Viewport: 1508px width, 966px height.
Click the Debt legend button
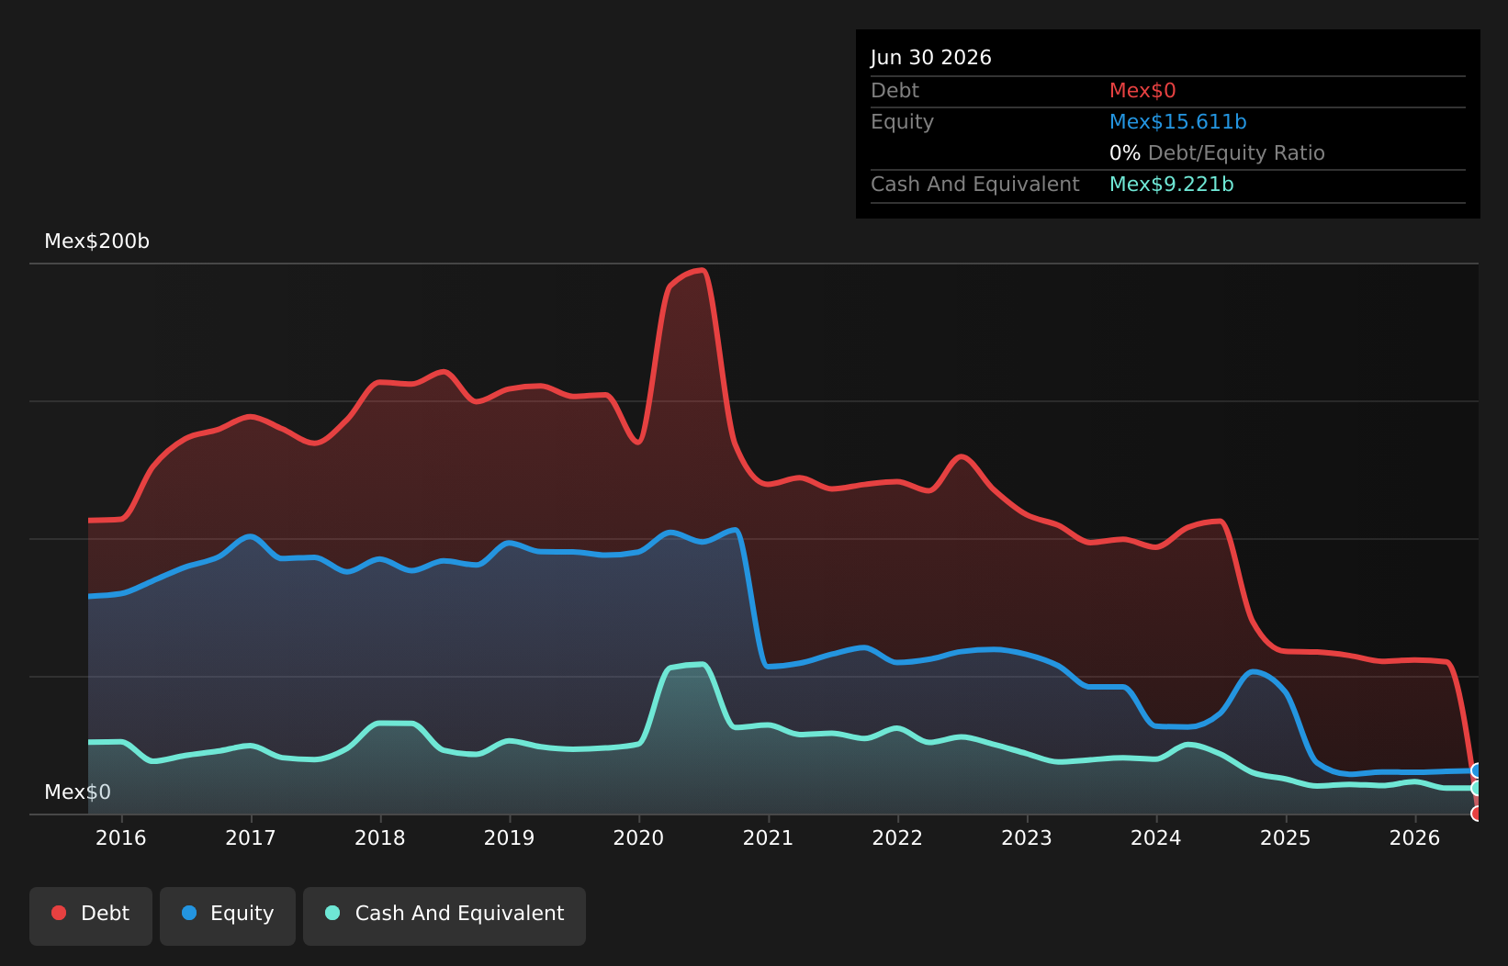(90, 915)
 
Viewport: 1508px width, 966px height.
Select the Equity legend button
(228, 915)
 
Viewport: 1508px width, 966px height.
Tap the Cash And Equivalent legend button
(445, 915)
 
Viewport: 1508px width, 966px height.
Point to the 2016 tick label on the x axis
(121, 838)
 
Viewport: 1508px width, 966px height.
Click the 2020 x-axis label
(638, 838)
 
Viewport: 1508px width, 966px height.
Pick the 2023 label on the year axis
(1027, 838)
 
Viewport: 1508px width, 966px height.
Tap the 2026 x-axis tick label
(1414, 838)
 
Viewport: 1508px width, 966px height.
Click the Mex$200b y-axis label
(97, 241)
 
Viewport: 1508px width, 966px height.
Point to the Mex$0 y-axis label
(77, 792)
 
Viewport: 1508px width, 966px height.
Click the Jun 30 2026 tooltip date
(931, 57)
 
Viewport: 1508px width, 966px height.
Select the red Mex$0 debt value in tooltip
(1142, 90)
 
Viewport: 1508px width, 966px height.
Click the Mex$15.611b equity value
(1178, 122)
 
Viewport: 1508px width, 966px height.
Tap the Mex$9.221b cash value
(1171, 184)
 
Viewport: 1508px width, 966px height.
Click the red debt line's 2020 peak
(703, 270)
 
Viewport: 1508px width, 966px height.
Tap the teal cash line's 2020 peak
(703, 665)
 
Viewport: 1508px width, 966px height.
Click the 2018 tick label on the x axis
(379, 838)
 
